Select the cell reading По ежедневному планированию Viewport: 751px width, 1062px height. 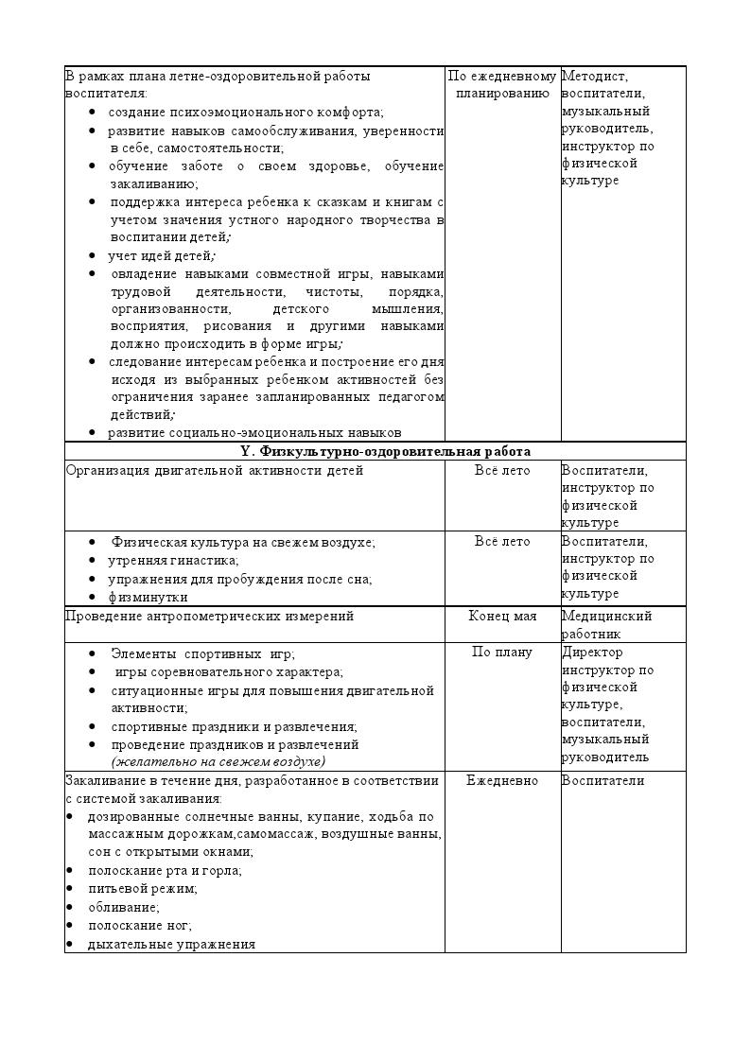502,84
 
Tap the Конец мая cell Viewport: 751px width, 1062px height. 502,616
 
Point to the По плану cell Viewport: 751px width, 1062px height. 502,652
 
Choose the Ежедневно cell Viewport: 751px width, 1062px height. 502,780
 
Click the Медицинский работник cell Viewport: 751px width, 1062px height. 606,624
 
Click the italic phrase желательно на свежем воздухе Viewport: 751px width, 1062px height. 218,761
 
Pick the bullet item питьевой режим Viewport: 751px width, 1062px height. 143,888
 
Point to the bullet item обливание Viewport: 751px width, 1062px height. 124,907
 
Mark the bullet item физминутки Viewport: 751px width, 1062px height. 148,597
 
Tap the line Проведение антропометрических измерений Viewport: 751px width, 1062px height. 209,616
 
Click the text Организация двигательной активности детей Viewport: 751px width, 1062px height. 214,470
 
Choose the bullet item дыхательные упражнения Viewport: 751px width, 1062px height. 171,944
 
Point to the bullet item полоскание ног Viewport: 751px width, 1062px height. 140,925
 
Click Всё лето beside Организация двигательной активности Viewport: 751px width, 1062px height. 502,470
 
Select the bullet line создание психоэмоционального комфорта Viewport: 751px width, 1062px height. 246,112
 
